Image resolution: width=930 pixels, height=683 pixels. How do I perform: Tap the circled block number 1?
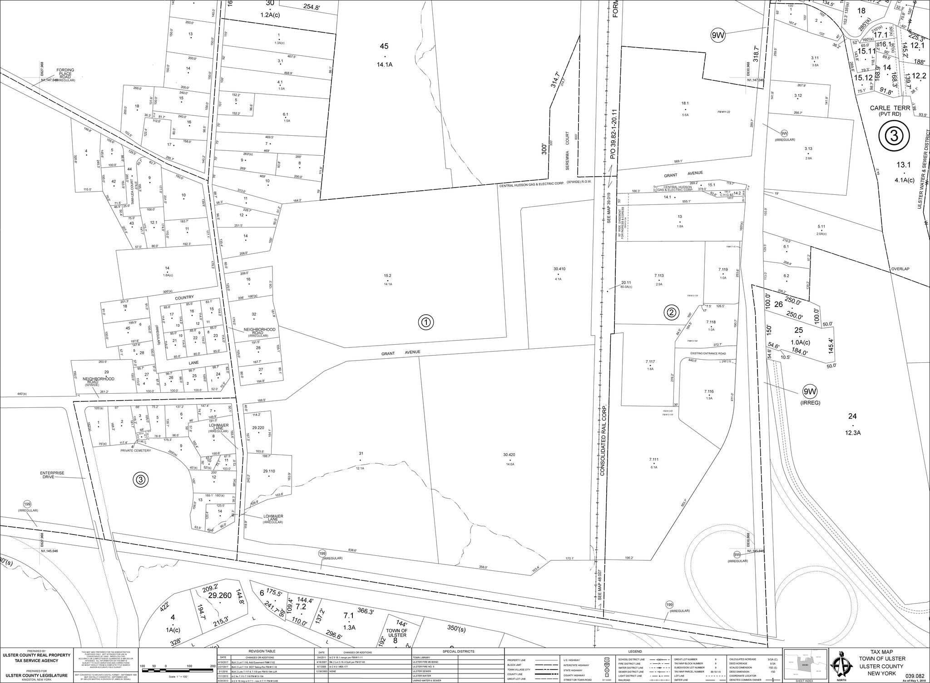click(426, 322)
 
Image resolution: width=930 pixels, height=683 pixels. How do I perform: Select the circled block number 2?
click(671, 312)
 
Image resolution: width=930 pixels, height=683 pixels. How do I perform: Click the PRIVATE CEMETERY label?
click(135, 450)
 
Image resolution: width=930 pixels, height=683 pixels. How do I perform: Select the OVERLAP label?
click(900, 269)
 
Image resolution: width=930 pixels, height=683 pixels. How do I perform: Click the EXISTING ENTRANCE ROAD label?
click(708, 353)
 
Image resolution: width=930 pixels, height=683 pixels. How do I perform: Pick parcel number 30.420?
click(509, 455)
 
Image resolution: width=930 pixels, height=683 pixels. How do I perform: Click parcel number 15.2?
click(387, 275)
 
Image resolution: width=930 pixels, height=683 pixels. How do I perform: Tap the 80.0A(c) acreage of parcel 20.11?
click(627, 287)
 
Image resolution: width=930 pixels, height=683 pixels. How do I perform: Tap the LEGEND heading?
click(635, 651)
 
